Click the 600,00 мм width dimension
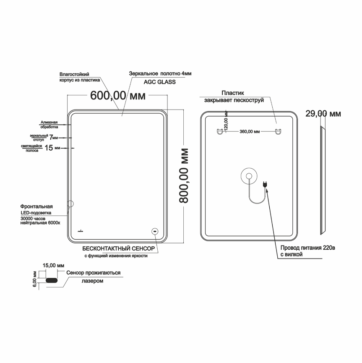pyautogui.click(x=118, y=95)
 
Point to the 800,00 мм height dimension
pyautogui.click(x=184, y=176)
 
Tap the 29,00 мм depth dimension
pyautogui.click(x=323, y=114)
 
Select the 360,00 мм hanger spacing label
pyautogui.click(x=250, y=131)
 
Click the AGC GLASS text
pyautogui.click(x=160, y=82)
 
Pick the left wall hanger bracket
pyautogui.click(x=219, y=131)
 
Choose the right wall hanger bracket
pyautogui.click(x=278, y=131)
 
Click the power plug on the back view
pyautogui.click(x=265, y=184)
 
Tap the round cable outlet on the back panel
pyautogui.click(x=249, y=176)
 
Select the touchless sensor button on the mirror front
pyautogui.click(x=155, y=231)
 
